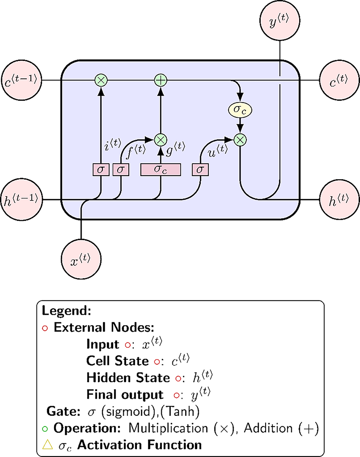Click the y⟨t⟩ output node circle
click(280, 21)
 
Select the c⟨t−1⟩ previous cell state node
click(22, 80)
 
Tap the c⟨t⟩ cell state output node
click(340, 80)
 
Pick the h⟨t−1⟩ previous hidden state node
click(22, 200)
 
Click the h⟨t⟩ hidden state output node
click(340, 200)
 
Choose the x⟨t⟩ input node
click(81, 259)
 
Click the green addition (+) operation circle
click(160, 80)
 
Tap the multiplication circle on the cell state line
click(101, 80)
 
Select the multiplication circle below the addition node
click(160, 140)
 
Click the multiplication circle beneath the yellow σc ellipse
click(240, 140)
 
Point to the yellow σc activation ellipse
click(240, 110)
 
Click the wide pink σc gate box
click(160, 170)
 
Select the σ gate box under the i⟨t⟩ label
click(101, 170)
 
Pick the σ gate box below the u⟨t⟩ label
click(200, 170)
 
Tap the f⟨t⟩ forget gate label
click(136, 151)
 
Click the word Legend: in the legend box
click(67, 311)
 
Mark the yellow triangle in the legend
click(48, 445)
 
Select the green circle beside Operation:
click(45, 429)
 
